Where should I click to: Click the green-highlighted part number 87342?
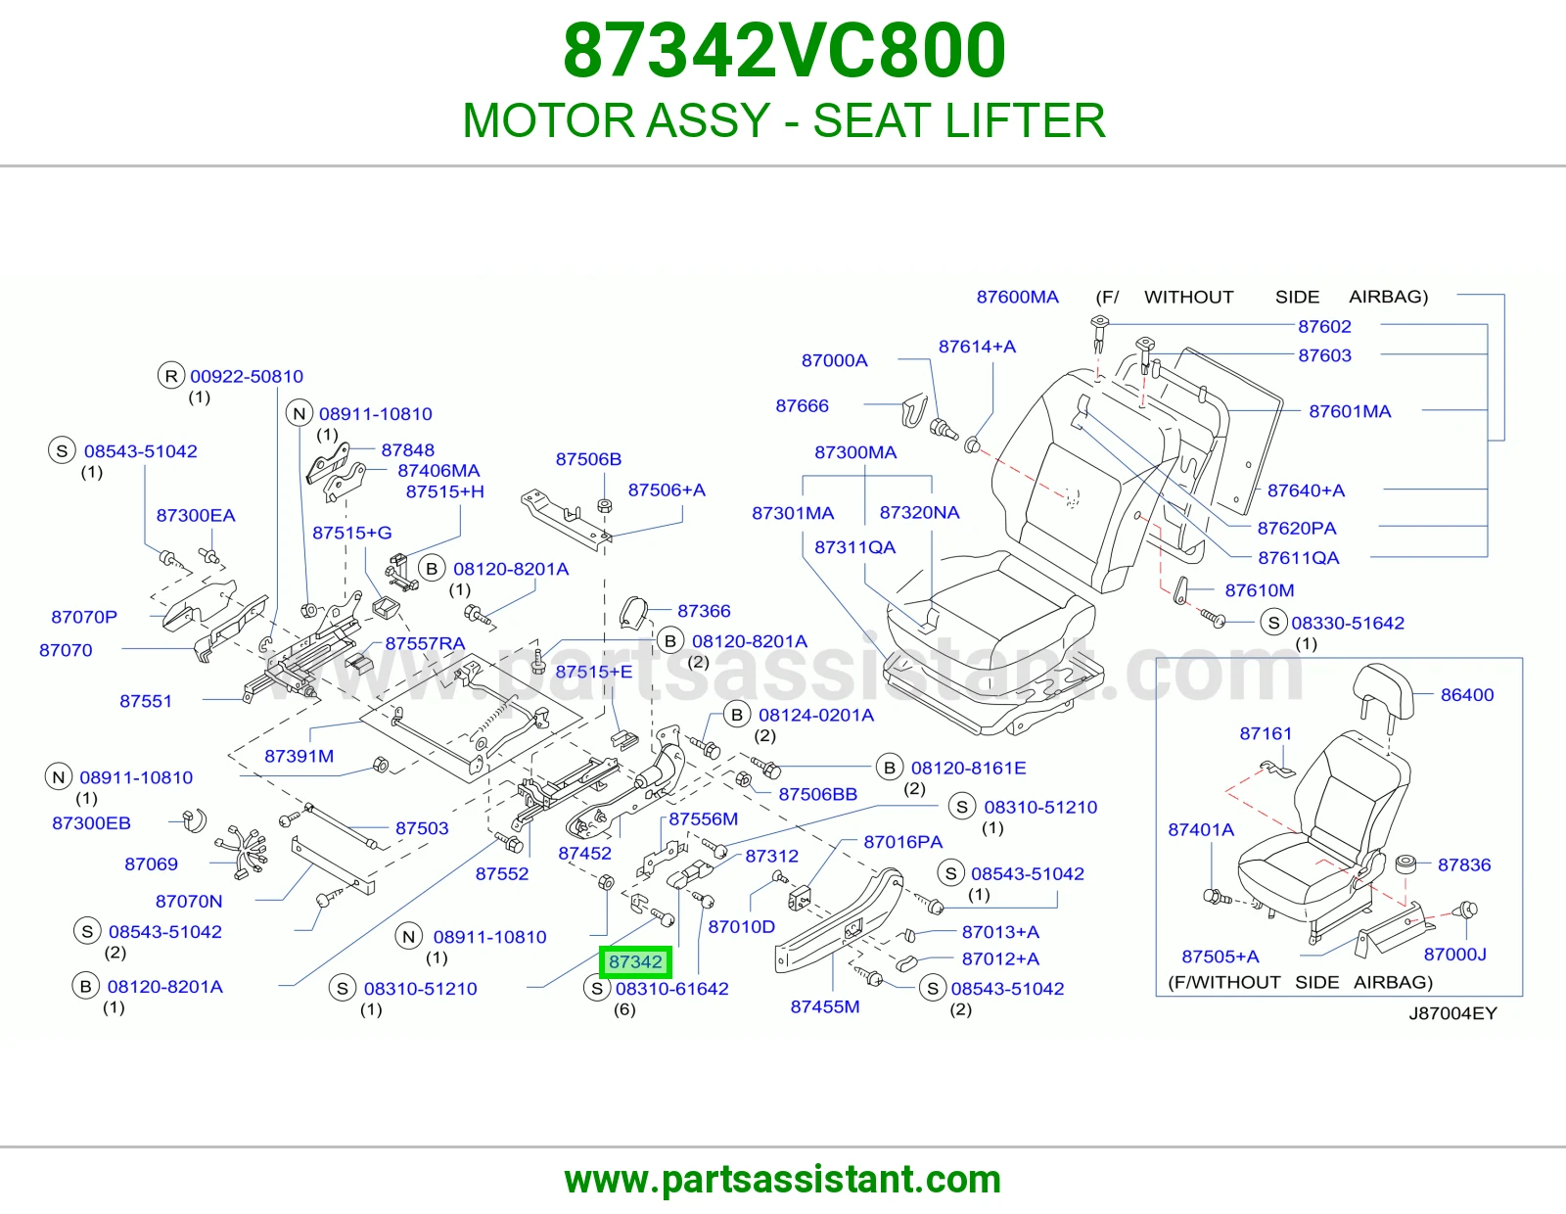pyautogui.click(x=635, y=961)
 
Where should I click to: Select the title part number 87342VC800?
pyautogui.click(x=784, y=51)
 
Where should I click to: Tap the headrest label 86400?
pyautogui.click(x=1466, y=695)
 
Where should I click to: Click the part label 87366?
pyautogui.click(x=704, y=611)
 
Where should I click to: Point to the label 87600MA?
pyautogui.click(x=1017, y=297)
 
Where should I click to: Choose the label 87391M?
pyautogui.click(x=299, y=756)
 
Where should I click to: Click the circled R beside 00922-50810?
pyautogui.click(x=171, y=376)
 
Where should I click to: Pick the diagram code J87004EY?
pyautogui.click(x=1452, y=1013)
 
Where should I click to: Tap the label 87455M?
pyautogui.click(x=824, y=1006)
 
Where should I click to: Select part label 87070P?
pyautogui.click(x=83, y=617)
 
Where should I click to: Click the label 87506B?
pyautogui.click(x=588, y=459)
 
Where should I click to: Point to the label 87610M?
pyautogui.click(x=1259, y=590)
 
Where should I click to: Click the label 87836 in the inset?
pyautogui.click(x=1463, y=864)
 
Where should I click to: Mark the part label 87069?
pyautogui.click(x=151, y=864)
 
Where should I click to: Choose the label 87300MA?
pyautogui.click(x=855, y=452)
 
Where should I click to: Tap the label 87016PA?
pyautogui.click(x=903, y=841)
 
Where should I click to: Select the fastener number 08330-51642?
pyautogui.click(x=1347, y=623)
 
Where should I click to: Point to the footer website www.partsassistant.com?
pyautogui.click(x=783, y=1180)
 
